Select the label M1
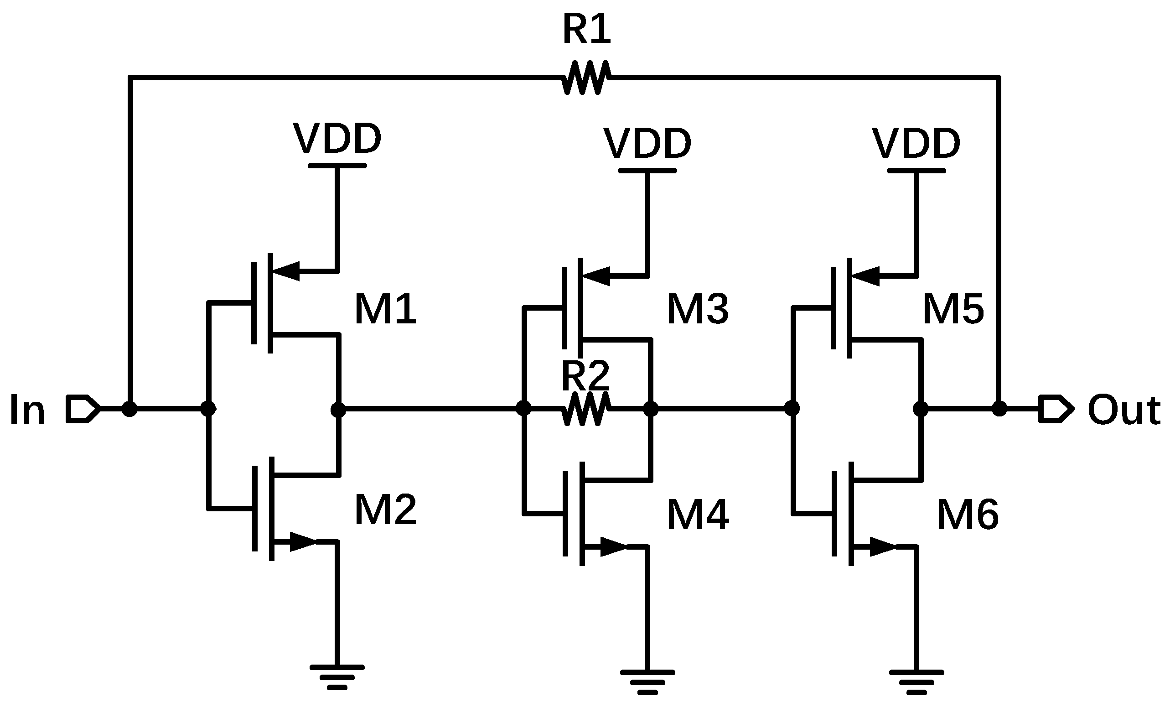pyautogui.click(x=385, y=309)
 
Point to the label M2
pyautogui.click(x=385, y=510)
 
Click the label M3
pyautogui.click(x=698, y=309)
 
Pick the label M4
pyautogui.click(x=698, y=515)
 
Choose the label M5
pyautogui.click(x=953, y=309)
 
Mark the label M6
pyautogui.click(x=967, y=515)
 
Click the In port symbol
pyautogui.click(x=83, y=408)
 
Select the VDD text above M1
pyautogui.click(x=337, y=138)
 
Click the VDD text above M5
pyautogui.click(x=916, y=143)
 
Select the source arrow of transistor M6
pyautogui.click(x=882, y=547)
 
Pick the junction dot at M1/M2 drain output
pyautogui.click(x=337, y=408)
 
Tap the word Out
pyautogui.click(x=1123, y=409)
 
